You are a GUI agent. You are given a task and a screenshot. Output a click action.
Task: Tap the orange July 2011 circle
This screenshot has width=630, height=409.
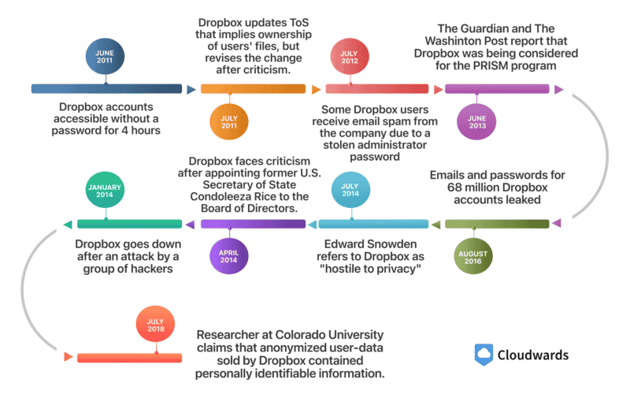point(229,122)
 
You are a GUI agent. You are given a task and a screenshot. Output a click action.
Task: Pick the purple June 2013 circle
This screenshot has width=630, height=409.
point(477,122)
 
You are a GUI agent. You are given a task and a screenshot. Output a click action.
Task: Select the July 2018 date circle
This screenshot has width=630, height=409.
point(156,325)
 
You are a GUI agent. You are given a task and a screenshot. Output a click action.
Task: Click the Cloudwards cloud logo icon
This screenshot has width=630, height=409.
point(484,355)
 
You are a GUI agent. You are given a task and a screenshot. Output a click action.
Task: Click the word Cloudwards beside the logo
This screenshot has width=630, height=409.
point(532,355)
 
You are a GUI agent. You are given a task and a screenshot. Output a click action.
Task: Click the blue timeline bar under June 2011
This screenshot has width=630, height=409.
point(106,89)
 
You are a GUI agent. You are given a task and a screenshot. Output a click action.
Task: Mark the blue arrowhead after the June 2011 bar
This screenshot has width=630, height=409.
point(191,89)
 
